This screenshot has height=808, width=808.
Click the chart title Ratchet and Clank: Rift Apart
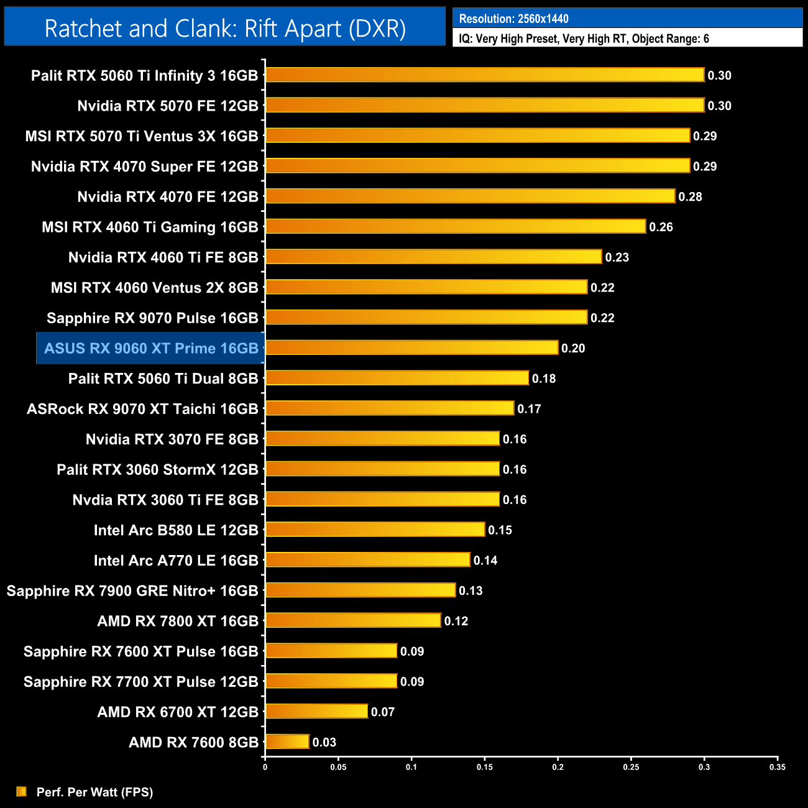coord(225,29)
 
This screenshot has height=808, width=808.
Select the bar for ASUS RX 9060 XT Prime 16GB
coord(411,347)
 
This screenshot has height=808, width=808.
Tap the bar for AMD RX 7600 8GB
coord(287,741)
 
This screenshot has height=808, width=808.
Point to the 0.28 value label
coord(690,196)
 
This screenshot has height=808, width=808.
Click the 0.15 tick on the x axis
coord(485,767)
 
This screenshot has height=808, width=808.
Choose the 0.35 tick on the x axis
coord(777,767)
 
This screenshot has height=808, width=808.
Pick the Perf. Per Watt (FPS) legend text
coord(94,792)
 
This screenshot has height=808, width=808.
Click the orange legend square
coord(22,791)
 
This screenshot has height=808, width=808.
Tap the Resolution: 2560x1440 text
coord(513,19)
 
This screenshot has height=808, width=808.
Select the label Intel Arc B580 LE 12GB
coord(176,530)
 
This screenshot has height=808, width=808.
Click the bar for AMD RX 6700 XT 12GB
coord(316,711)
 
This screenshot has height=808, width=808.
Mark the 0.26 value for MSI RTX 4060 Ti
coord(661,227)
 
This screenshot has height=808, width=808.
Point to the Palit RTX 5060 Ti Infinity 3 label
coord(144,76)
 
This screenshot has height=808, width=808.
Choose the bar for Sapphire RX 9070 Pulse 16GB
coord(426,317)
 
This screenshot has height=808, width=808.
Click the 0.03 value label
coord(324,742)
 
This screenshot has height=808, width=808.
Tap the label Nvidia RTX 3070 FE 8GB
coord(172,439)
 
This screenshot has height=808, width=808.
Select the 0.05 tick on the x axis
coord(338,767)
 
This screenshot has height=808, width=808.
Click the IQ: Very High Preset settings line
coord(584,39)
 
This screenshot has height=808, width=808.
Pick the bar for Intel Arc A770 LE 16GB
coord(367,559)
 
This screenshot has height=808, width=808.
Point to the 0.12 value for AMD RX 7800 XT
coord(456,621)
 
